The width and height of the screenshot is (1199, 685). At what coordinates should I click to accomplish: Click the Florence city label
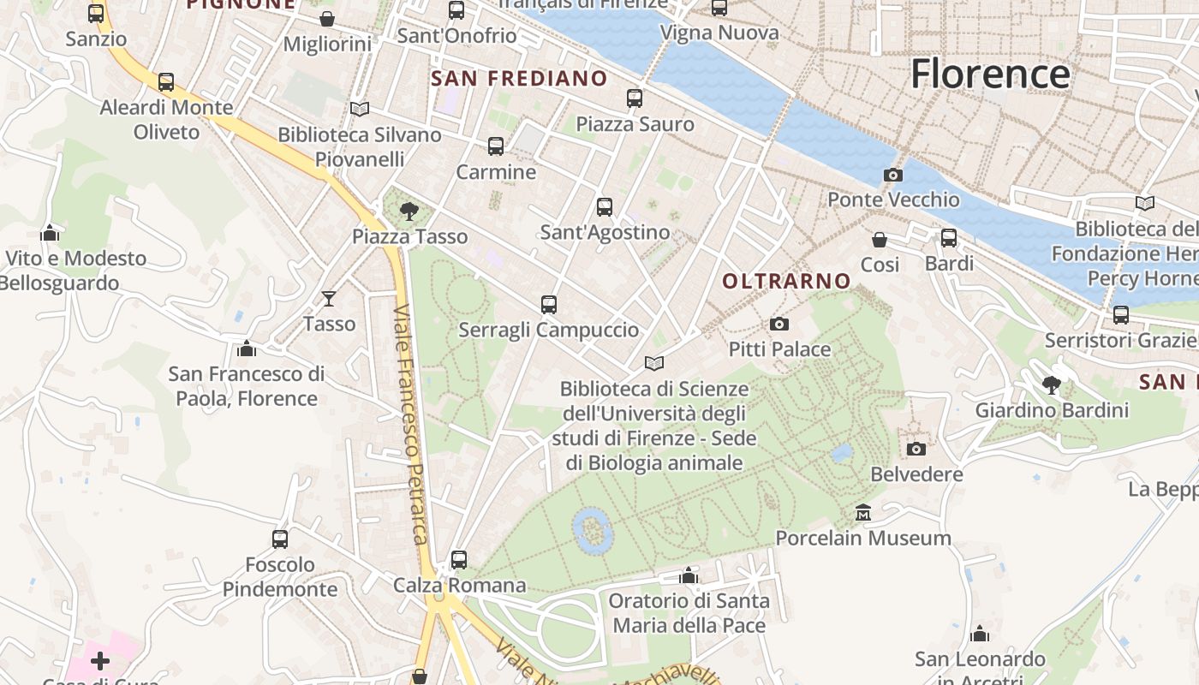[990, 74]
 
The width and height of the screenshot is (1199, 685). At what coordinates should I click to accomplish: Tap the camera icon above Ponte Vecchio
[892, 176]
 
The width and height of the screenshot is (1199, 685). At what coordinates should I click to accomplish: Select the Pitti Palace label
[779, 348]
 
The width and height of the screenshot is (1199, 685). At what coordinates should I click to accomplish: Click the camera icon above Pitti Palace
[778, 324]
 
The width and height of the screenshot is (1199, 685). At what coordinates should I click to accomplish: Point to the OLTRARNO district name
[786, 281]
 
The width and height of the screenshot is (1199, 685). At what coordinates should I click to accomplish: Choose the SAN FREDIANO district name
[519, 79]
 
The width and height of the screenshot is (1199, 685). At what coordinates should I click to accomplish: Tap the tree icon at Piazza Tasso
[409, 211]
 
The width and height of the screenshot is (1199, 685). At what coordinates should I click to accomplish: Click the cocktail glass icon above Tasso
[329, 298]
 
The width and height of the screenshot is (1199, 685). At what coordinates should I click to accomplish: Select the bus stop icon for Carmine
[496, 146]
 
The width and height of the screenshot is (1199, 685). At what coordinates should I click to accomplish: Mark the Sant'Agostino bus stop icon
[605, 206]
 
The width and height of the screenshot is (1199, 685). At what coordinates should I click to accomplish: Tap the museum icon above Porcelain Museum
[863, 513]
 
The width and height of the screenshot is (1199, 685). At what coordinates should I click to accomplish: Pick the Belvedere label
[916, 474]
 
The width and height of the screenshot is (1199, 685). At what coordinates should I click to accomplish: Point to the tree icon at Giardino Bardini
[1052, 384]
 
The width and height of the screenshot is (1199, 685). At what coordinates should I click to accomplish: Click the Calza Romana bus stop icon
[459, 560]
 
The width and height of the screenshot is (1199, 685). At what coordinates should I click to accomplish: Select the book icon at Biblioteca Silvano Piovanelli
[360, 110]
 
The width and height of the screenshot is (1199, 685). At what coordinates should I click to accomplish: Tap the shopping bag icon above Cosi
[880, 240]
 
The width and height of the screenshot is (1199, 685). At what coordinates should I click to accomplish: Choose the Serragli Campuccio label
[548, 330]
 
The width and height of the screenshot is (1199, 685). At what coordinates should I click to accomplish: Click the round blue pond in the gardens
[592, 529]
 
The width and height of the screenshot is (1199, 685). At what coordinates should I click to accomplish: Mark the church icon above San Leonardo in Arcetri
[980, 634]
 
